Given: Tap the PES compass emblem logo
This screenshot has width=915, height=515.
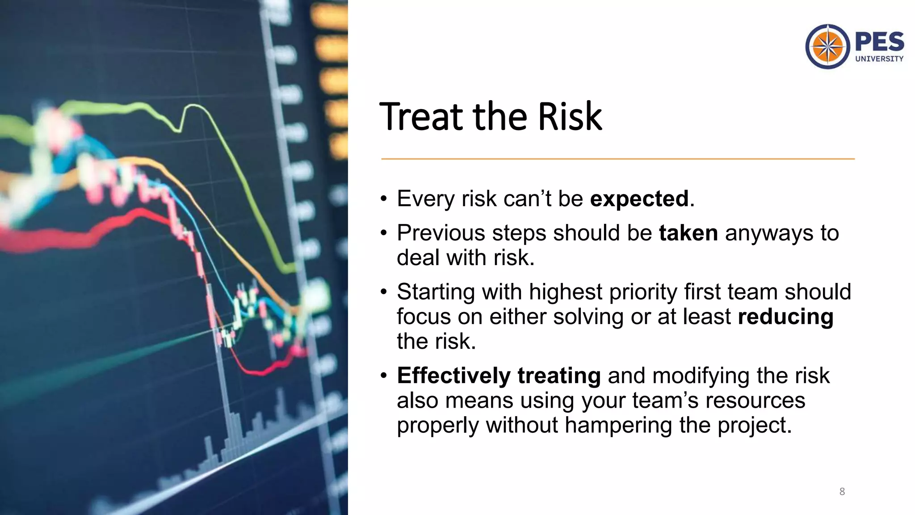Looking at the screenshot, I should (x=827, y=46).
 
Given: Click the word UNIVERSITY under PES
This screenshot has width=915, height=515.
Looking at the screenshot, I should (x=879, y=59).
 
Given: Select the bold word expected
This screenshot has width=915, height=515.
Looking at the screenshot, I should (x=639, y=198).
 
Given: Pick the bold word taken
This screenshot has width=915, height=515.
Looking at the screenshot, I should (x=688, y=233).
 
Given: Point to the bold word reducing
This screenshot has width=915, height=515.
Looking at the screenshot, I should (x=785, y=317).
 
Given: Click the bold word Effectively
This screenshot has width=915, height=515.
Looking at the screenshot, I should (x=453, y=376).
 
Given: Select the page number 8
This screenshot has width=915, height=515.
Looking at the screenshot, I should (x=842, y=492).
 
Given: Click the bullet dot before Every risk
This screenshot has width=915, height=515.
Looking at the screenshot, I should (x=384, y=199).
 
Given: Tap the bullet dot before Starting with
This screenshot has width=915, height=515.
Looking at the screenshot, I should (x=384, y=292).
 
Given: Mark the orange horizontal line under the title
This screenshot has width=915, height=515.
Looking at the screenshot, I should (x=617, y=159).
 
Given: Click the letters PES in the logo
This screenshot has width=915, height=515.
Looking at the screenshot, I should (x=879, y=42).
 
